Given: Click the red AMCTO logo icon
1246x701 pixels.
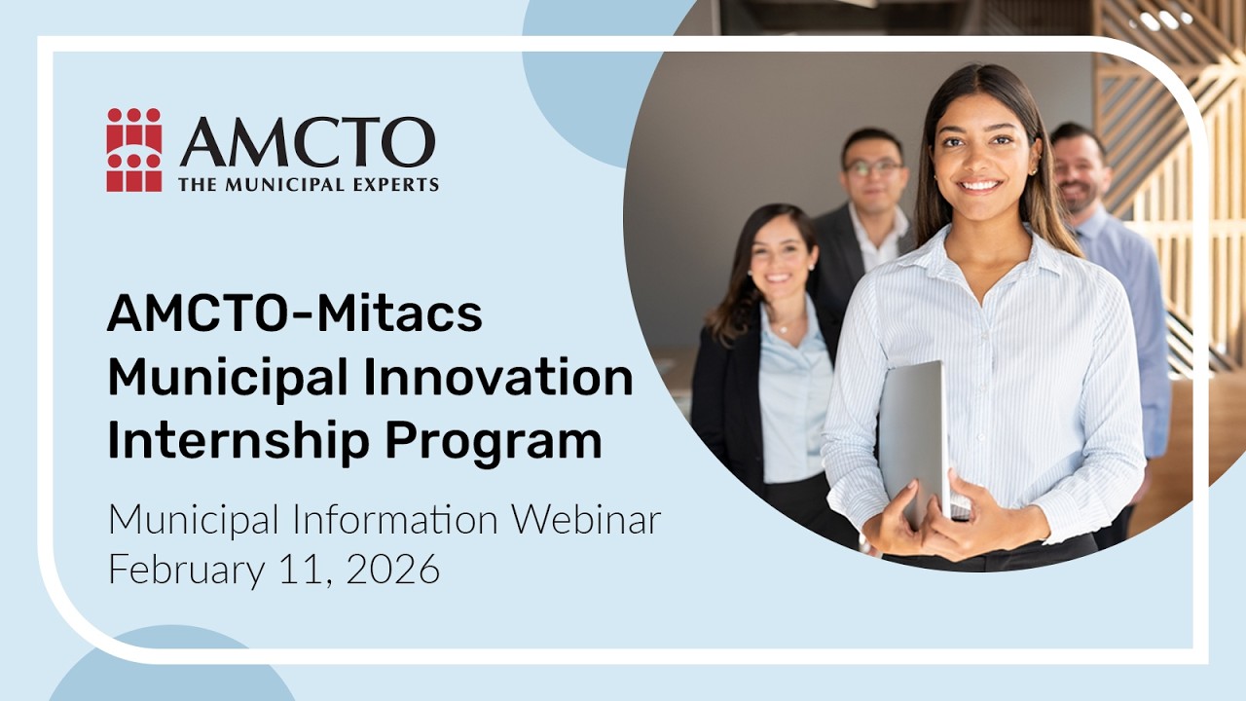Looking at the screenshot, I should [134, 150].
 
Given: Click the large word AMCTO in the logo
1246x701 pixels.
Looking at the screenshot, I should [307, 142].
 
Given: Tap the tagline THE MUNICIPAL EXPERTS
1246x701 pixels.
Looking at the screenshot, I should [308, 184].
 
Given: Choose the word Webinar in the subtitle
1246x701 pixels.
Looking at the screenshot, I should [587, 519].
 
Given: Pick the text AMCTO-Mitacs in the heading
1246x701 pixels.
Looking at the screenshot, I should [294, 314].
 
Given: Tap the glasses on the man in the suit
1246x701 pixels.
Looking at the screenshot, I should [873, 167].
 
